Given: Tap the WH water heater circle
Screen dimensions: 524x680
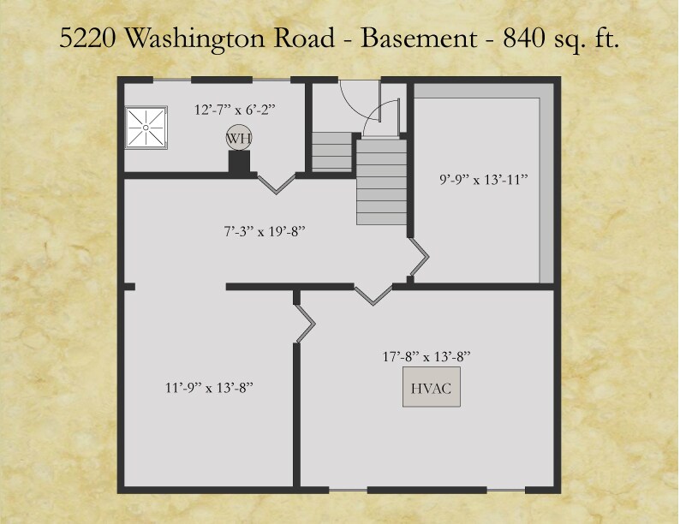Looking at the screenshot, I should [237, 138].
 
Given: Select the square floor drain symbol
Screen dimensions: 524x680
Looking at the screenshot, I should [146, 127].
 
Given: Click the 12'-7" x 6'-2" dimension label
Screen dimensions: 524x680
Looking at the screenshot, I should [233, 110].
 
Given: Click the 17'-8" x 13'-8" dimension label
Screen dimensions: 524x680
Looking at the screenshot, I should [426, 355].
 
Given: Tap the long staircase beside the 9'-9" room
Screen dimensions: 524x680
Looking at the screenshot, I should [379, 182].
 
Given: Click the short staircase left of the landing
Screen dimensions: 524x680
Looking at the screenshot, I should [331, 152].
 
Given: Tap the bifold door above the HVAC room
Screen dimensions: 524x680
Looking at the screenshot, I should [373, 294].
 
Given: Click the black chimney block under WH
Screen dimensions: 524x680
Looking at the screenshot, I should [239, 163].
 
